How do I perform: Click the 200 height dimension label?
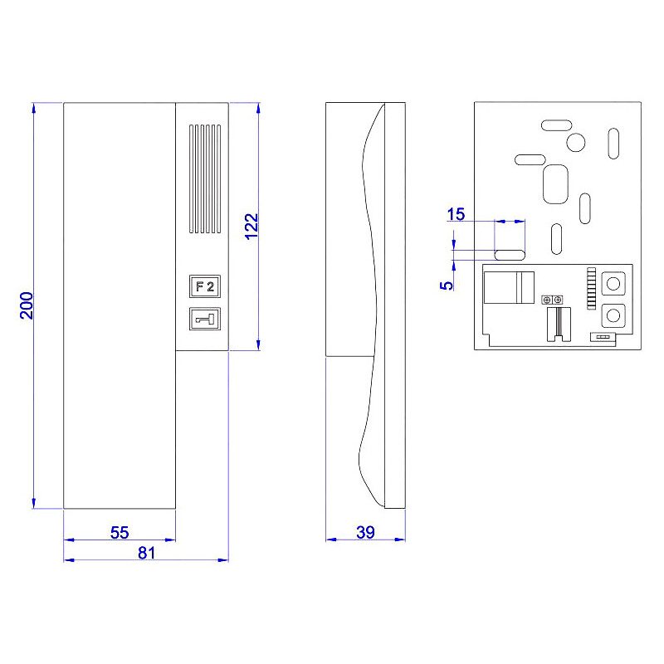tap(27, 306)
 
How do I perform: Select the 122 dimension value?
tap(252, 226)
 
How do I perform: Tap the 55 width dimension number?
tap(120, 533)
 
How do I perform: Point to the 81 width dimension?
tap(146, 554)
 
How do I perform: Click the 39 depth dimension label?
tap(365, 533)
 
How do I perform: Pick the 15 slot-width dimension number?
tap(456, 215)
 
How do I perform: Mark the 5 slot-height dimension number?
tap(447, 284)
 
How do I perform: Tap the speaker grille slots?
tap(204, 178)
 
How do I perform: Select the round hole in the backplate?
tap(576, 142)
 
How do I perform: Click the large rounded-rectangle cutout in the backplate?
tap(554, 183)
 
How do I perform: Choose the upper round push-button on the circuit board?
tap(613, 284)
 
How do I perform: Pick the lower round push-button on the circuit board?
tap(613, 315)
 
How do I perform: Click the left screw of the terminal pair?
tap(546, 299)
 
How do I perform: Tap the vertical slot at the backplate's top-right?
tap(613, 142)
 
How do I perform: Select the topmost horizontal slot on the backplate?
tap(556, 124)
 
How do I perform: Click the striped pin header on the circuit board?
tap(591, 289)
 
